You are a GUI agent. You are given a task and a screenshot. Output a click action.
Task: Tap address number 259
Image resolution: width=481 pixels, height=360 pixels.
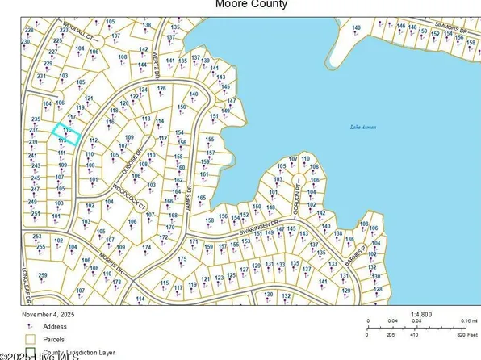pos(43,276)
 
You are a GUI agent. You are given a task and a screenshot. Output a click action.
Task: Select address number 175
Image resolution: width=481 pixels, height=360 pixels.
pos(182,258)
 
